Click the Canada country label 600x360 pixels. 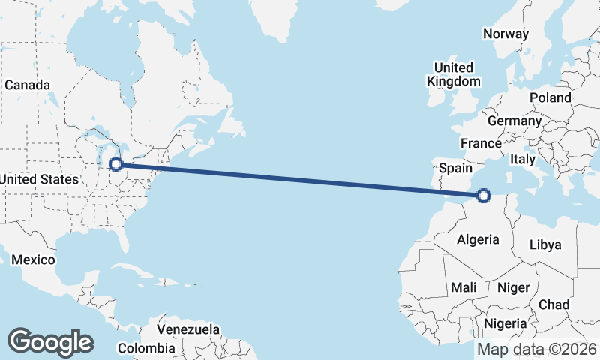point(27,85)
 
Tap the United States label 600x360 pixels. point(40,179)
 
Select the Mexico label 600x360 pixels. point(33,259)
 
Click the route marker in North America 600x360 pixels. point(116,164)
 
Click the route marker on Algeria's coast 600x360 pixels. point(484,196)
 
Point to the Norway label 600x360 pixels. point(505,34)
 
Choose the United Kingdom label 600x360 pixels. point(454,74)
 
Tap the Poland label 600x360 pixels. point(550,97)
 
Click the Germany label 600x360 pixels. point(514,121)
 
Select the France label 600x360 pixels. point(481,143)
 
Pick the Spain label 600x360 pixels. point(455,168)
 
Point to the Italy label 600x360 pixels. point(522,159)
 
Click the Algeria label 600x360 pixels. point(478,239)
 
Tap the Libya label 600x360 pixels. point(544,244)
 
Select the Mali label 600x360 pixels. point(463,287)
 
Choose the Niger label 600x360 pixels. point(514,287)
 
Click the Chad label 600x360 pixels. point(553,304)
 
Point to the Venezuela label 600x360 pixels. point(188,329)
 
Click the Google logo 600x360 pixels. point(50,342)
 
